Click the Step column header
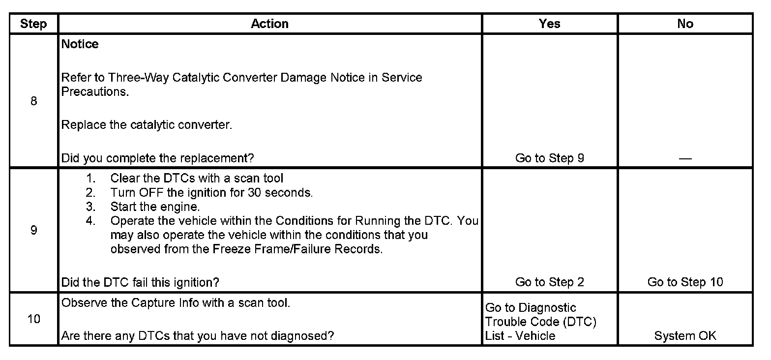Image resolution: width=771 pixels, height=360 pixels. point(33,24)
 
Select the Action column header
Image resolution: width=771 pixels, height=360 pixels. point(269,24)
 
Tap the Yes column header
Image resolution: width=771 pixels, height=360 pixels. point(549,24)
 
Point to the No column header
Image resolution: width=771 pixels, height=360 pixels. point(685,24)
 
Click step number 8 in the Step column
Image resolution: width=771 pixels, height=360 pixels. point(33,101)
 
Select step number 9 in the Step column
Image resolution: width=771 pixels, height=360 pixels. point(33,230)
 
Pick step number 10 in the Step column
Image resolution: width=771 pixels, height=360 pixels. point(33,319)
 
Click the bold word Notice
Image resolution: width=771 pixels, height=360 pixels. point(80,44)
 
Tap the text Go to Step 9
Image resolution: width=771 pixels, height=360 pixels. point(549,158)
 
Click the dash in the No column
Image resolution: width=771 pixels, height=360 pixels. point(685,158)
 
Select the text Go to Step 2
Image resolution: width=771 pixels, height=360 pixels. point(549,282)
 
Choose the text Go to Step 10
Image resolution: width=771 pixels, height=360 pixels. point(685,282)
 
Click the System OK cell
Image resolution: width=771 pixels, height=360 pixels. point(685,336)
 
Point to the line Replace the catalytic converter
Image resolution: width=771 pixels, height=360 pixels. point(147,125)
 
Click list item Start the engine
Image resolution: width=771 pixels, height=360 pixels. point(155,207)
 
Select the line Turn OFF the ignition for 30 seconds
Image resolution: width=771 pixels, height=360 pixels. point(211,193)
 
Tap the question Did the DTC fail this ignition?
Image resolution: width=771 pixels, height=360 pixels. point(140,282)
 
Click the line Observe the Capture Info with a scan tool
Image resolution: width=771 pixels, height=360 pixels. point(176,303)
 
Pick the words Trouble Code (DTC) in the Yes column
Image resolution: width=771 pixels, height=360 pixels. point(540,322)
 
